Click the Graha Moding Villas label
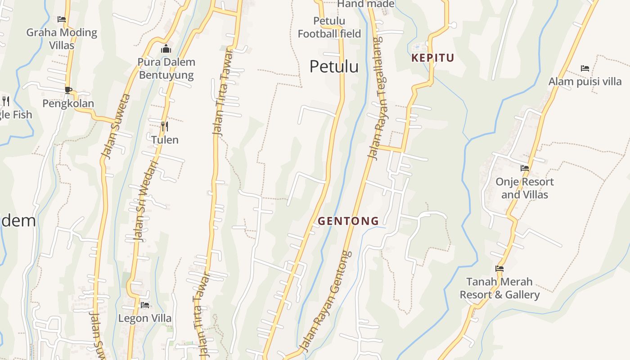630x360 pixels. point(62,38)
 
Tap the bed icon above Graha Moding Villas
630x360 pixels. point(62,19)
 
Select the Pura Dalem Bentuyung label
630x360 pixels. point(166,68)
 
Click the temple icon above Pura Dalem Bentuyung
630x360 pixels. point(166,49)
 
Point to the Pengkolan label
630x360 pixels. point(68,103)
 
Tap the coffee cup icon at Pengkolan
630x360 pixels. point(68,90)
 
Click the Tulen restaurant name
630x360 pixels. point(165,140)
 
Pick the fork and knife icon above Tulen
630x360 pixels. point(165,126)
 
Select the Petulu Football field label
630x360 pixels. point(329,27)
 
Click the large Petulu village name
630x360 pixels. point(334,67)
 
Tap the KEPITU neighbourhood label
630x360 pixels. point(433,58)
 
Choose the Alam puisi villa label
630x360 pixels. point(585,81)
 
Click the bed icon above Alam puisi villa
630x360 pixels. point(585,68)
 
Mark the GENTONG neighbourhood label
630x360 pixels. point(348,221)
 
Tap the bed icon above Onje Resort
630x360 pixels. point(524,168)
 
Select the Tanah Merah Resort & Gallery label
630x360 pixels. point(499,288)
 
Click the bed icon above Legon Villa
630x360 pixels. point(145,305)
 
